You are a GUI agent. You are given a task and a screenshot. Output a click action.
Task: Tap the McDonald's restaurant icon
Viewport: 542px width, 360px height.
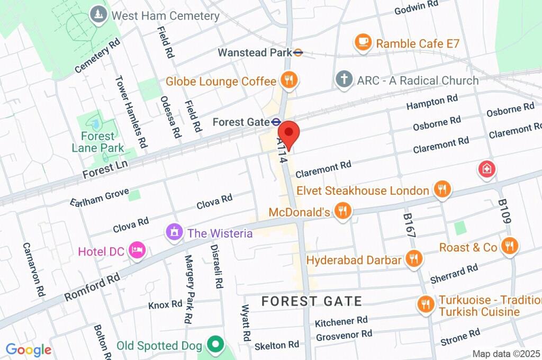[x=344, y=211]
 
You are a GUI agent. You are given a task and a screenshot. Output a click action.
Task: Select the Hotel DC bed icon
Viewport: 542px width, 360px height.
[x=137, y=250]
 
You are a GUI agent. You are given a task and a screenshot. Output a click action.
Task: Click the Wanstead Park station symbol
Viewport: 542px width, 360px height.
[x=299, y=52]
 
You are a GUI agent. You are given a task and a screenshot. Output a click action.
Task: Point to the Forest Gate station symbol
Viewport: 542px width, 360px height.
[x=276, y=122]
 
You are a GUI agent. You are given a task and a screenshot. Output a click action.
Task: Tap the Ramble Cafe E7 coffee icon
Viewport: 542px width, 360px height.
[x=363, y=42]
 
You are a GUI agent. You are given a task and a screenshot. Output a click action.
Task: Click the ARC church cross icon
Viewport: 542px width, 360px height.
[x=344, y=80]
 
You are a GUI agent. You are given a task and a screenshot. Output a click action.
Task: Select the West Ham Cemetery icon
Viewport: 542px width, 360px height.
[x=98, y=15]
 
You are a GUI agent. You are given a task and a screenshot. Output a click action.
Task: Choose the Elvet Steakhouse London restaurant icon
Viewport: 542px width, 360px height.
[x=441, y=189]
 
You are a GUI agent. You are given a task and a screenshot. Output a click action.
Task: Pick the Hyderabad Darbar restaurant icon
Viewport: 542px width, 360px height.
[x=413, y=259]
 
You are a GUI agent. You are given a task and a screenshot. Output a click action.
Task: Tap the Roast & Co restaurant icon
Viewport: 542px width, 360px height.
[x=510, y=246]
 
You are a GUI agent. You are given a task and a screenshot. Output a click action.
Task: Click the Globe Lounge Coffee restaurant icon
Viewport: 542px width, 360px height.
[x=289, y=80]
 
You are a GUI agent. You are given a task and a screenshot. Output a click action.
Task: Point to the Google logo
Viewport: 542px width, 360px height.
[x=28, y=349]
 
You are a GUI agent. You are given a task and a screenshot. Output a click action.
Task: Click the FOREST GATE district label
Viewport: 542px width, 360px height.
[x=312, y=301]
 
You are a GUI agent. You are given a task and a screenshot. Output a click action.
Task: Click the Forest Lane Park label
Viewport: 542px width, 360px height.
[x=98, y=142]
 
